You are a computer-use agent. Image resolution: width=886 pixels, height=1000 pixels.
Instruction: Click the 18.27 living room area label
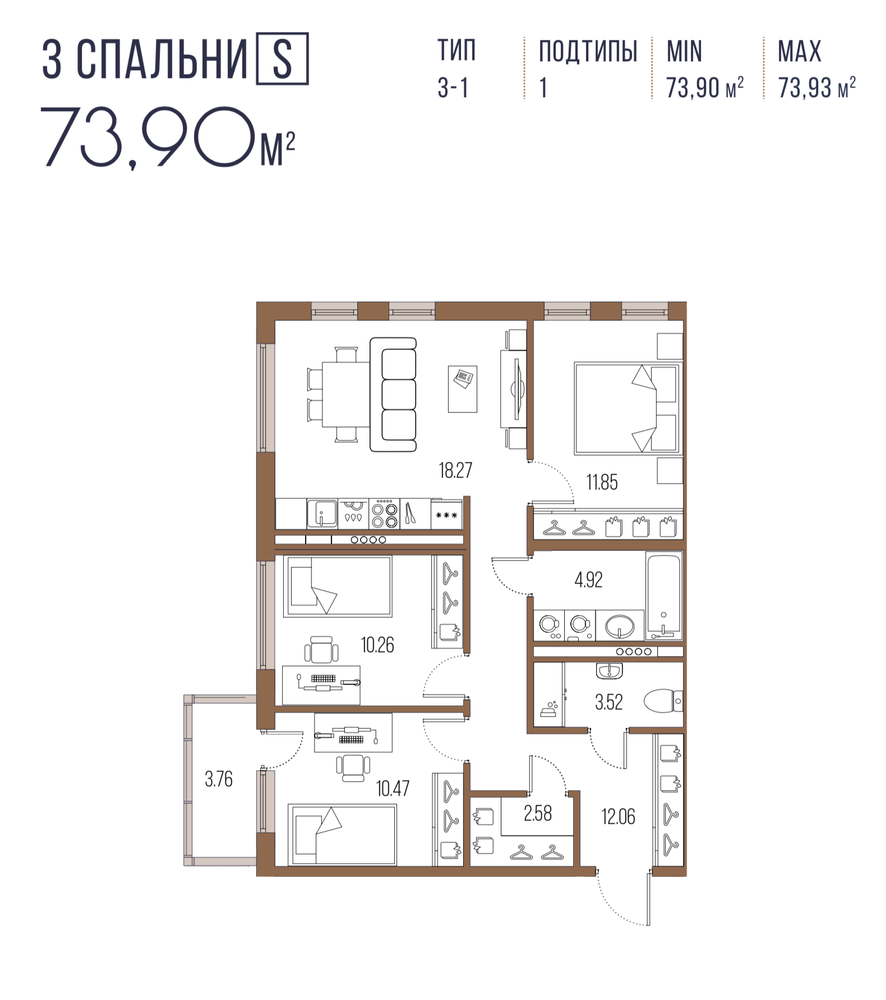point(455,470)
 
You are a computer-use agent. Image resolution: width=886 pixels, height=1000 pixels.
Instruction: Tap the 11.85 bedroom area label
point(602,482)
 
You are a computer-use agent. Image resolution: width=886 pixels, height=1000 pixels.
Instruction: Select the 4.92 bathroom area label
point(588,580)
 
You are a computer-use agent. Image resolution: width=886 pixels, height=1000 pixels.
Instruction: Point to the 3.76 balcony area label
point(219,779)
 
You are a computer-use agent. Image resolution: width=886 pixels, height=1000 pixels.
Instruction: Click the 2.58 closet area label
point(537,813)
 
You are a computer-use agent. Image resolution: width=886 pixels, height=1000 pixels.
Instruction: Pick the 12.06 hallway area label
point(619,816)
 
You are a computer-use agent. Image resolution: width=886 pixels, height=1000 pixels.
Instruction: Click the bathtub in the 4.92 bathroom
point(664,596)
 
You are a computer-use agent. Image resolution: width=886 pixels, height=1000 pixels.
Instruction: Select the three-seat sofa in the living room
point(393,395)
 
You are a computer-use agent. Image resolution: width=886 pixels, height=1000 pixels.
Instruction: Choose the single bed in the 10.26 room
point(338,586)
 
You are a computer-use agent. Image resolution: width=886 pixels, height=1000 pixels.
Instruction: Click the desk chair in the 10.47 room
point(353,767)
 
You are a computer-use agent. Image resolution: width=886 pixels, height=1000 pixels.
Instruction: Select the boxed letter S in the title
point(282,59)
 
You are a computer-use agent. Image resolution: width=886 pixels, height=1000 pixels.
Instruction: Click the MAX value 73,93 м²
point(817,88)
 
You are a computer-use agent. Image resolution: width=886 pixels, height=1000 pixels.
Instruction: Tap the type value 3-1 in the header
point(453,88)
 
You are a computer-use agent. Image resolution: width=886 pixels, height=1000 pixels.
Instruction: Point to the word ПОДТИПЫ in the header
point(588,52)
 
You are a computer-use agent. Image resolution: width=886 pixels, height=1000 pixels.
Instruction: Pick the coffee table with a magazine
point(463,389)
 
